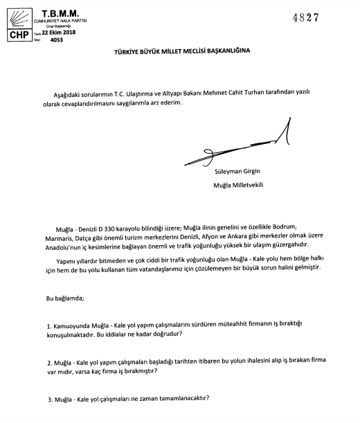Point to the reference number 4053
(53, 39)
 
